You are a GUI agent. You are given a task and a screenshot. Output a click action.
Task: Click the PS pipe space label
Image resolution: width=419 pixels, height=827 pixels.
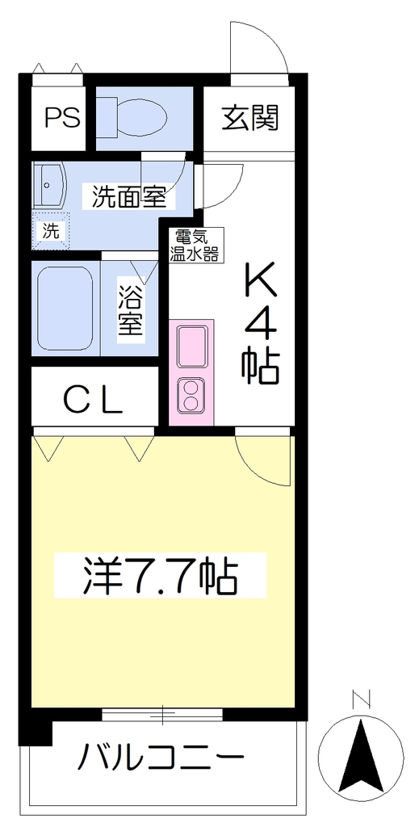(61, 117)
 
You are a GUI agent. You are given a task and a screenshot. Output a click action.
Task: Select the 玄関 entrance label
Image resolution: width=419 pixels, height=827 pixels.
(249, 118)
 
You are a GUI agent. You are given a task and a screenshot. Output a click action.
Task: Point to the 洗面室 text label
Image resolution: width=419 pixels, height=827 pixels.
(130, 196)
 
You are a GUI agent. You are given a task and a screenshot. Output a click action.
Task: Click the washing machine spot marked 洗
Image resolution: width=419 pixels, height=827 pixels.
(51, 230)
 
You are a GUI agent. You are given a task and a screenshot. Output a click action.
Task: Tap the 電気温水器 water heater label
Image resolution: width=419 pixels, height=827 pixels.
(194, 245)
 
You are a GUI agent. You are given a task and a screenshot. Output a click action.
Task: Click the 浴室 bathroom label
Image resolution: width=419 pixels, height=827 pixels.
(129, 310)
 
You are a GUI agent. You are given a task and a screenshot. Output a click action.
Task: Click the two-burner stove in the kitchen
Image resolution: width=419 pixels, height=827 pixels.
(191, 396)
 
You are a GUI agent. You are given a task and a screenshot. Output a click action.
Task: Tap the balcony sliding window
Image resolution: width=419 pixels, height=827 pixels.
(162, 715)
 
